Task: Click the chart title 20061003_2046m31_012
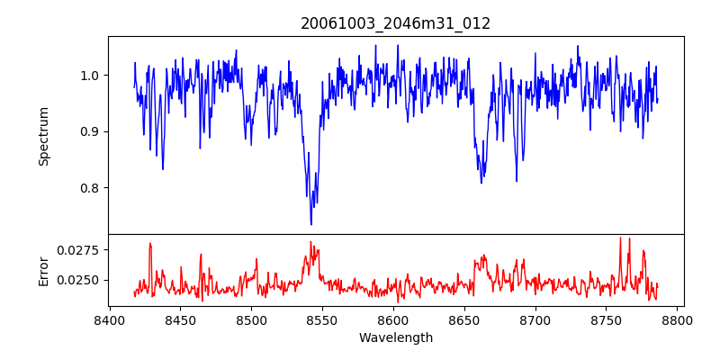pyautogui.click(x=396, y=23)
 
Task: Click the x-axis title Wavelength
pyautogui.click(x=396, y=338)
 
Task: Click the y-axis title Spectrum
pyautogui.click(x=44, y=136)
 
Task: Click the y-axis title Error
pyautogui.click(x=44, y=270)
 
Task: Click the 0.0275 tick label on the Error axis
pyautogui.click(x=81, y=249)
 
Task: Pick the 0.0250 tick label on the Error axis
pyautogui.click(x=81, y=280)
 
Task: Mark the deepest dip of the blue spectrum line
pyautogui.click(x=311, y=224)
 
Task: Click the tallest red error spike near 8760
pyautogui.click(x=620, y=238)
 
